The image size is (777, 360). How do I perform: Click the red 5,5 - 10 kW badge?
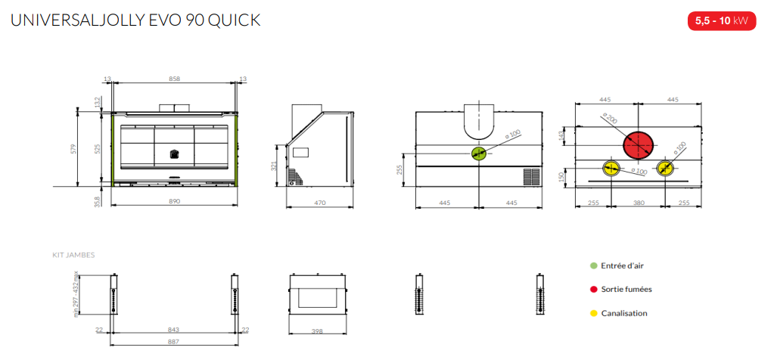722,20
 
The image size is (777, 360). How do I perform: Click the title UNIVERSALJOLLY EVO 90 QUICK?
135,20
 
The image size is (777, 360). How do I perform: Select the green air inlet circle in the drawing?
479,154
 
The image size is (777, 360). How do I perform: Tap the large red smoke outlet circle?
639,145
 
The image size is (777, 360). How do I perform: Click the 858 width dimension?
174,78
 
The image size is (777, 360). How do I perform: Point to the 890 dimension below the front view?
174,201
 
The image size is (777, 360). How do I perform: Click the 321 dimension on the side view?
273,166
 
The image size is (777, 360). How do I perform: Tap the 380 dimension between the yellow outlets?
639,202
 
